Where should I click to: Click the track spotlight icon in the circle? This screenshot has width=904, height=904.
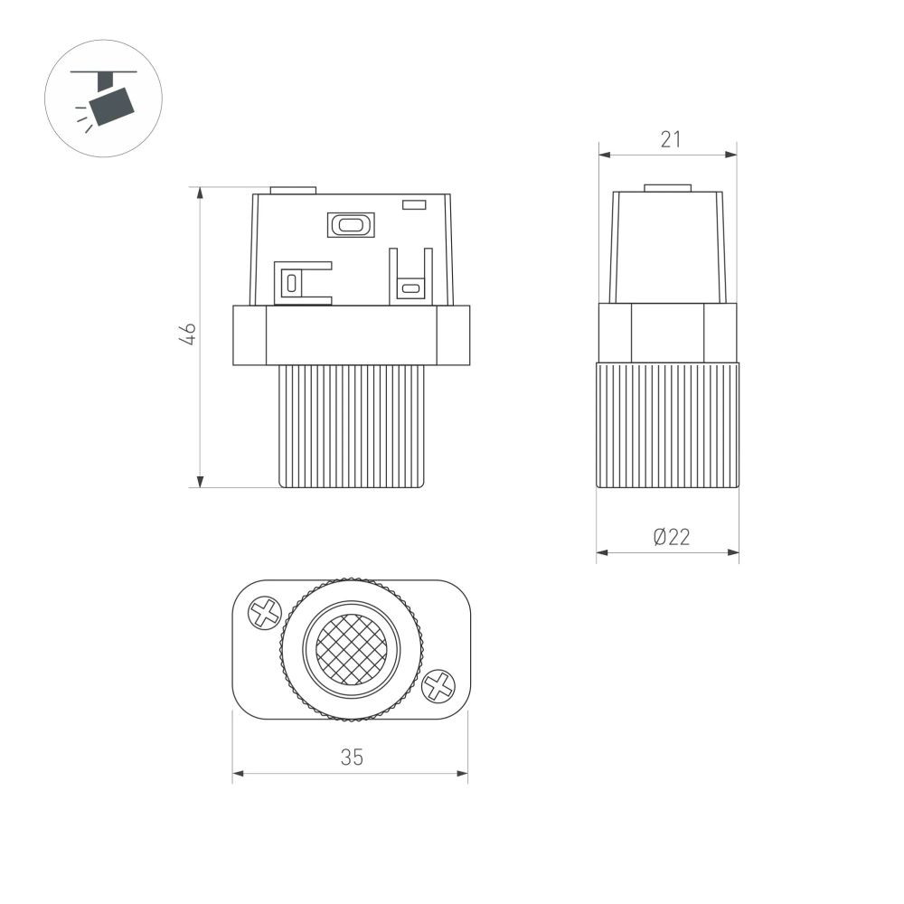tap(103, 99)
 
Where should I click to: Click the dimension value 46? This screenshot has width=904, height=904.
tap(188, 334)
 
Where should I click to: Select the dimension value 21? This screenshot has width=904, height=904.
tap(669, 139)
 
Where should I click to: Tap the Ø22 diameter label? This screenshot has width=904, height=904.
tap(671, 537)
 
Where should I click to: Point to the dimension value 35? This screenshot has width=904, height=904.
tap(352, 758)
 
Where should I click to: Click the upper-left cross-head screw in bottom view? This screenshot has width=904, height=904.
tap(264, 613)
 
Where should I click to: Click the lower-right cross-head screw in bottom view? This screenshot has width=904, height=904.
tap(438, 686)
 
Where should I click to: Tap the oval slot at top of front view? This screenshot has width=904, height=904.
tap(351, 224)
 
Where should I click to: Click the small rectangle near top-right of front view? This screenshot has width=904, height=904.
tap(414, 205)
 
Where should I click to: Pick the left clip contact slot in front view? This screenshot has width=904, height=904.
tap(291, 282)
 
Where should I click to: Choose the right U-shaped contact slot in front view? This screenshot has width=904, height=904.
tap(410, 287)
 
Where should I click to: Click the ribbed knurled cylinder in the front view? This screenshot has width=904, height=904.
tap(352, 426)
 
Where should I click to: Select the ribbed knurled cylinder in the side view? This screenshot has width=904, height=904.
tap(667, 424)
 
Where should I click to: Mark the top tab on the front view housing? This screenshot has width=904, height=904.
tap(294, 191)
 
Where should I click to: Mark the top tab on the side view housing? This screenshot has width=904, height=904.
tap(667, 188)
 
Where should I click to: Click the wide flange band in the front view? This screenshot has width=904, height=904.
tap(352, 335)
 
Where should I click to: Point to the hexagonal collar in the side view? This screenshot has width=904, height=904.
tap(667, 332)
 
